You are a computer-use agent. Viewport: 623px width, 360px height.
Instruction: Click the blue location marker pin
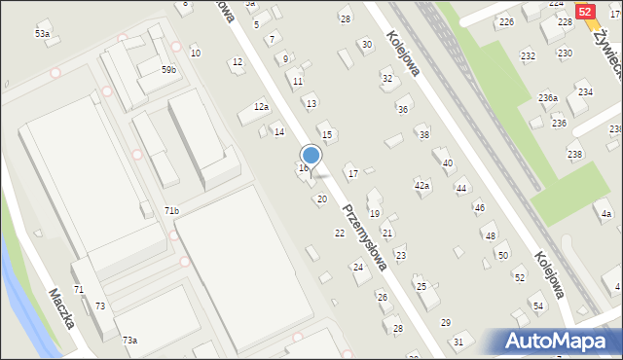(311, 156)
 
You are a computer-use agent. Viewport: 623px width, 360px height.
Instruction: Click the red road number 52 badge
(586, 11)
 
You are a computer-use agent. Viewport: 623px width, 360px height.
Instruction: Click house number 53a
(42, 34)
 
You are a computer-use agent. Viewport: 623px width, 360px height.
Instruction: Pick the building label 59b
(169, 70)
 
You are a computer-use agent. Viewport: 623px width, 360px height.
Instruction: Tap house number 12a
(261, 106)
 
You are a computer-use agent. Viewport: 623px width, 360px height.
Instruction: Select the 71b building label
(171, 210)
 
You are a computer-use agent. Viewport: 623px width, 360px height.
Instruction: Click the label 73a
(129, 340)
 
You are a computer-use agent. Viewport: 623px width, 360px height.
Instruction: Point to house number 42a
(421, 184)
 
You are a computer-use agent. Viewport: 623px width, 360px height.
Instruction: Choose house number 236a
(548, 97)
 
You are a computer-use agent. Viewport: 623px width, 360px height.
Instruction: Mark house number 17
(352, 173)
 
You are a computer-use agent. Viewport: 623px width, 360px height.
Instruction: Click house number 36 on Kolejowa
(402, 109)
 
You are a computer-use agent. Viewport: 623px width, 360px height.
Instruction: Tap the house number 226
(506, 21)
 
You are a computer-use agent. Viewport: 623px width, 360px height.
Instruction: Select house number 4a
(606, 214)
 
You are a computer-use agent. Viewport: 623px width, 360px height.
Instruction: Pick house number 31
(458, 342)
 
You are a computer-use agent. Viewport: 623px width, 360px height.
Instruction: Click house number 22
(340, 234)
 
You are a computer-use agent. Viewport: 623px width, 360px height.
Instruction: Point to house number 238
(574, 155)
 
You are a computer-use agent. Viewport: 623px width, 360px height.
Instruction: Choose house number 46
(479, 207)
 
